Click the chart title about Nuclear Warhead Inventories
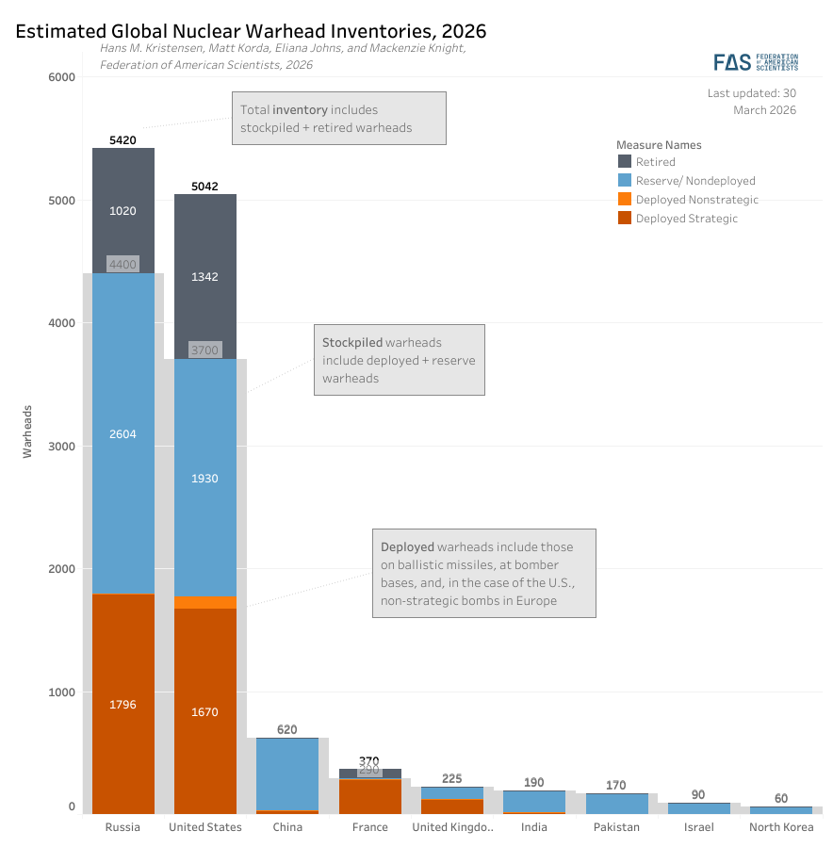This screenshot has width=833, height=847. click(x=251, y=31)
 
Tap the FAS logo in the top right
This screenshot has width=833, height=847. click(x=755, y=62)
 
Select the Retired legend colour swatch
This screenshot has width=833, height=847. click(x=624, y=162)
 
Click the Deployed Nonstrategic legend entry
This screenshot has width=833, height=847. click(x=696, y=200)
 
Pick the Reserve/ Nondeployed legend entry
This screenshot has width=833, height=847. click(x=694, y=181)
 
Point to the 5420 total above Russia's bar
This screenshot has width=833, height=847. click(x=122, y=139)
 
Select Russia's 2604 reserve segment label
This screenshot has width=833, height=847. click(x=122, y=434)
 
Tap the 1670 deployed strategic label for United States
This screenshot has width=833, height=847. click(x=204, y=712)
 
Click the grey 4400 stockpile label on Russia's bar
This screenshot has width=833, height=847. click(x=122, y=265)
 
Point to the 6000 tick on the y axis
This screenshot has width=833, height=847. click(x=61, y=77)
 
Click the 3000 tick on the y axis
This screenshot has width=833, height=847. click(x=61, y=446)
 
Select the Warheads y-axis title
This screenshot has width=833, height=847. click(x=27, y=432)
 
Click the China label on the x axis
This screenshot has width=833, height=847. click(x=287, y=827)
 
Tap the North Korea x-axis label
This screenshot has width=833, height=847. click(x=781, y=827)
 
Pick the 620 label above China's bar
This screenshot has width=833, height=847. click(x=287, y=729)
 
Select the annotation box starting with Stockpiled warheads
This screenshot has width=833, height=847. click(x=399, y=360)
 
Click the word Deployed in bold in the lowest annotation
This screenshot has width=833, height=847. click(x=407, y=547)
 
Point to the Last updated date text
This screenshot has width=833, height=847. click(x=751, y=102)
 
